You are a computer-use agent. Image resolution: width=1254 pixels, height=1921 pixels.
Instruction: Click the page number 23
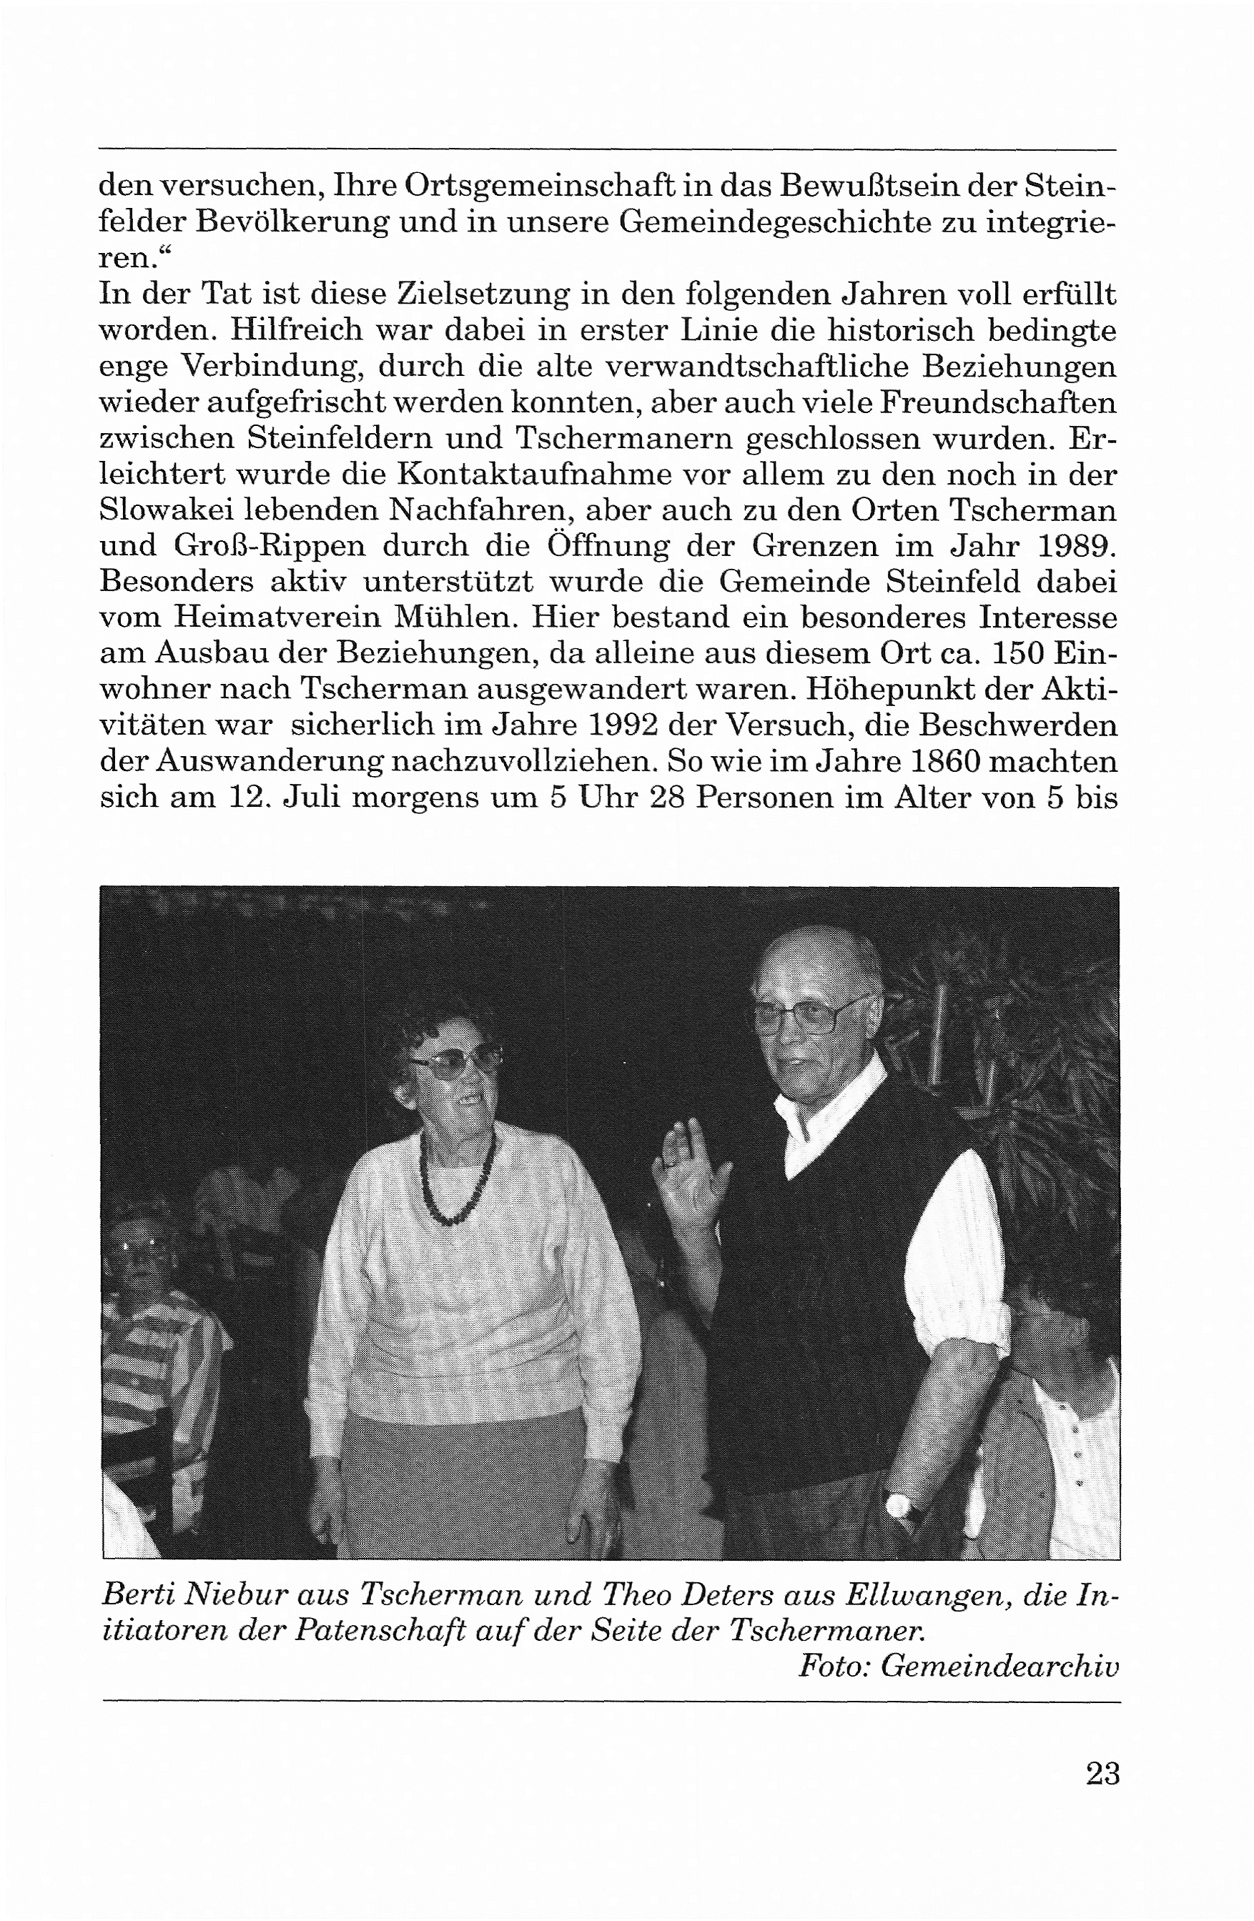click(x=1102, y=1773)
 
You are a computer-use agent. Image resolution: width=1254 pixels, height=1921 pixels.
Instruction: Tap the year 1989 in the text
click(x=1075, y=545)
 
